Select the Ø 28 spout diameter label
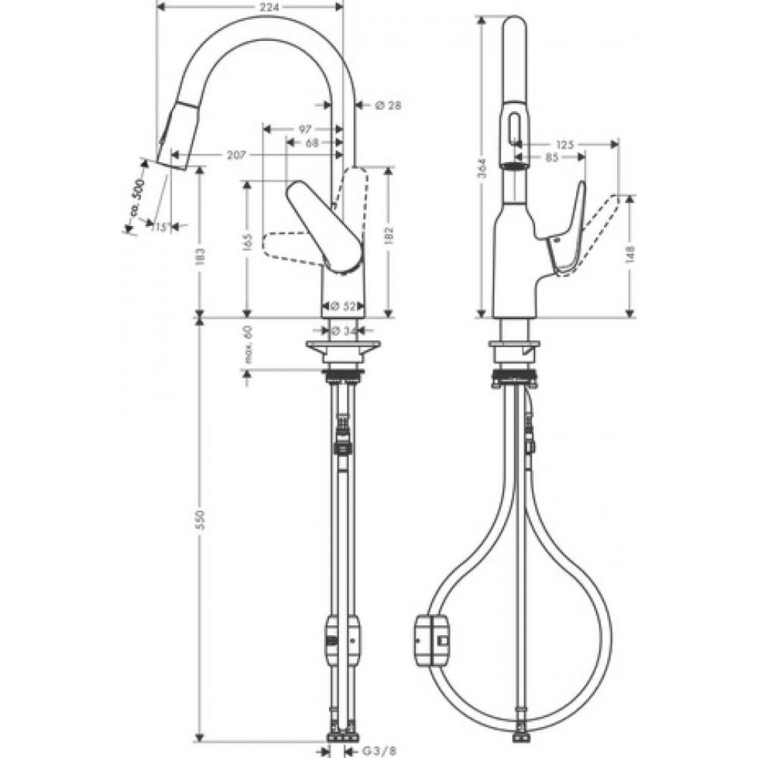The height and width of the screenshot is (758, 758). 387,105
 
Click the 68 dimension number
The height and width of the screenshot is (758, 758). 312,143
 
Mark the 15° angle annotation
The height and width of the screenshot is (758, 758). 160,226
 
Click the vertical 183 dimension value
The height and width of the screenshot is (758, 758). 200,258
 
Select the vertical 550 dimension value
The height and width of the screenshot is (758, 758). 200,521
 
